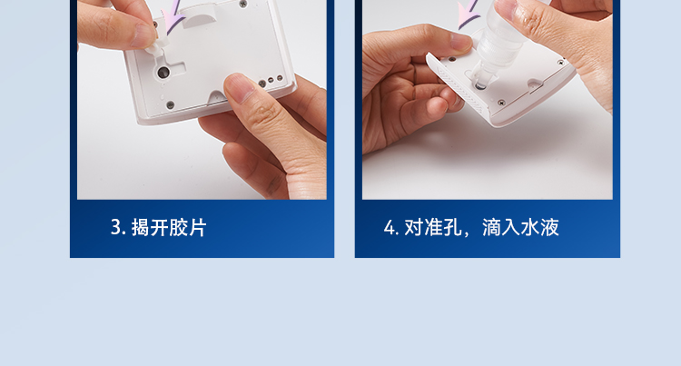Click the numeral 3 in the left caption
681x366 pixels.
pos(115,227)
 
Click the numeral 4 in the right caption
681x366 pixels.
pos(389,228)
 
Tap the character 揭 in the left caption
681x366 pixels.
pos(140,228)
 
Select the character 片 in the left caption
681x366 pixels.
pos(197,228)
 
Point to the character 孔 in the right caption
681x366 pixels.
pos(452,228)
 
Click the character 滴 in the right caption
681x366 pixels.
pos(491,228)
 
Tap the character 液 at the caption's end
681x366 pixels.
pos(549,228)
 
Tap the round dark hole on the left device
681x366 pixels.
pos(163,73)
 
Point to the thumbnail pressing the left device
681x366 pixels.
pos(239,87)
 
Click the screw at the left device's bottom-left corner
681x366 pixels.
pos(171,105)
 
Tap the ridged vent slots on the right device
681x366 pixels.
pos(459,87)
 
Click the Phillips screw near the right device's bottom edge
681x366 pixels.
pos(501,103)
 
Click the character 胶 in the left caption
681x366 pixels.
pos(178,228)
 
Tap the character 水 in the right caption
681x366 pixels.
pos(530,228)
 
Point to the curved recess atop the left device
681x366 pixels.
pos(201,19)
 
